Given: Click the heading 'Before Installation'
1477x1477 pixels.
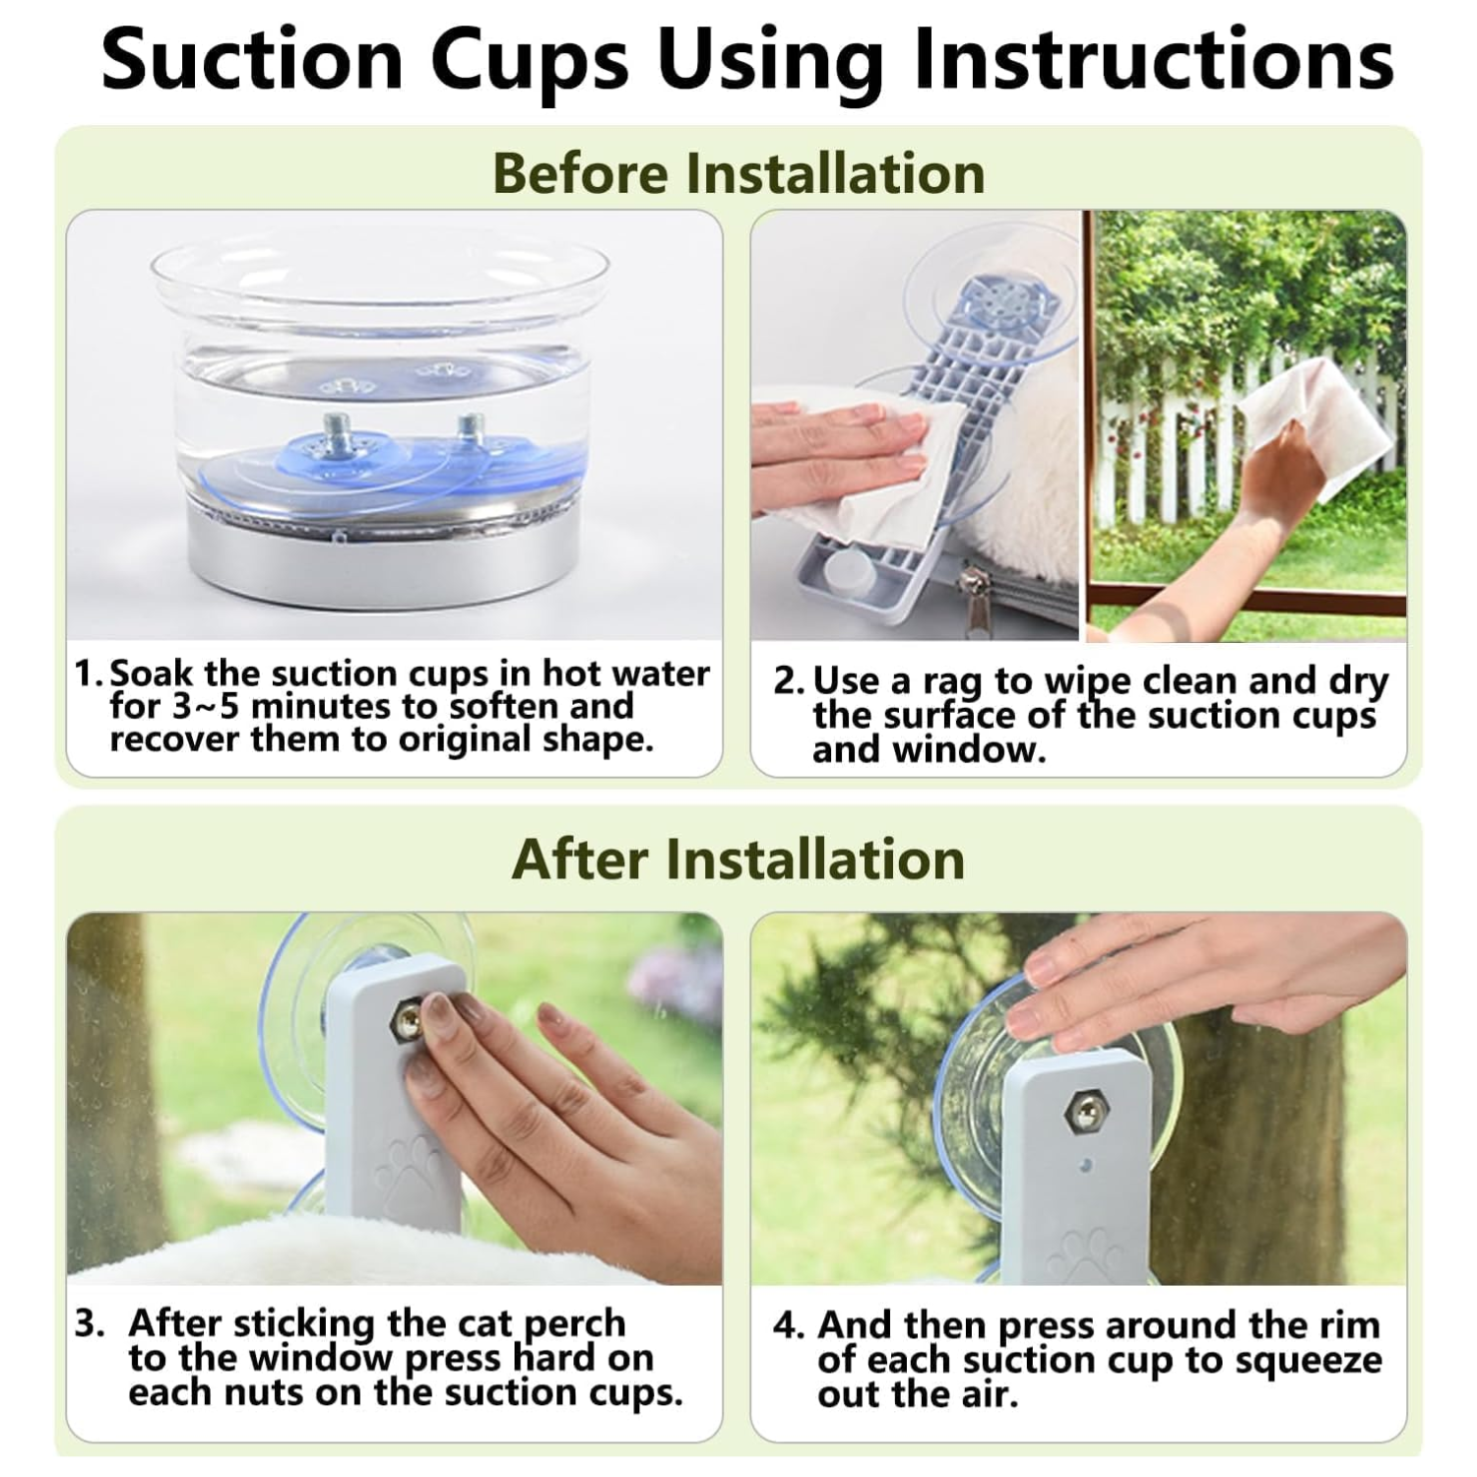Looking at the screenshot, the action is tap(738, 173).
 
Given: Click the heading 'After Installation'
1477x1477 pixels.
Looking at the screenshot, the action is tap(738, 859).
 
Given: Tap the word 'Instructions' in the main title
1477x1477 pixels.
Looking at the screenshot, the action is tap(1153, 60).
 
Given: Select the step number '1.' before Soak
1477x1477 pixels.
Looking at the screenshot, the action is tap(89, 674).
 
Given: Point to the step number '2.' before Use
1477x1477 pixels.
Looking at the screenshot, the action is tap(789, 681).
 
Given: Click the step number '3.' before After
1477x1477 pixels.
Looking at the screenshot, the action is tap(90, 1323).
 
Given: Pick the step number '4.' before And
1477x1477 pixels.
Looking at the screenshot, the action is tap(790, 1325).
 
